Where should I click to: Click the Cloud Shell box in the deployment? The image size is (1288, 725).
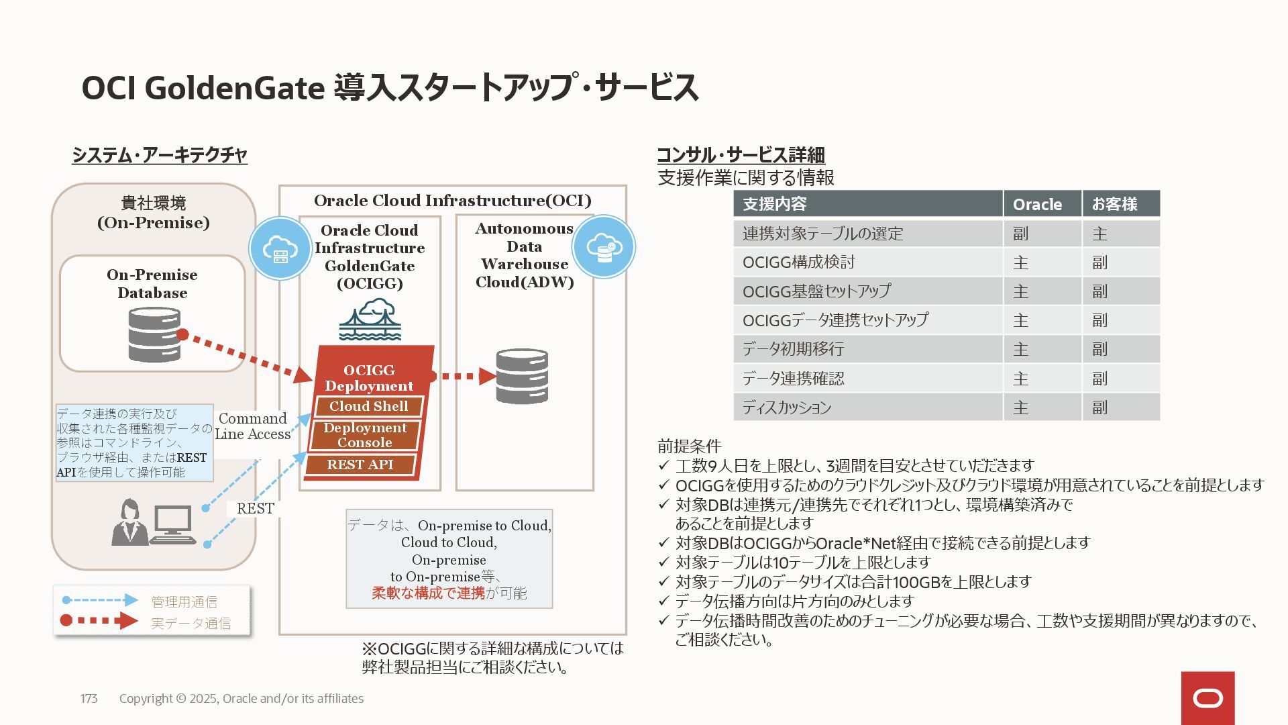[368, 406]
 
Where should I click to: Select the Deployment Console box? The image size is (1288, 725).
[365, 435]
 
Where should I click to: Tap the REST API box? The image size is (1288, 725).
[360, 465]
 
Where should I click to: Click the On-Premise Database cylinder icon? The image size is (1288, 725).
[154, 334]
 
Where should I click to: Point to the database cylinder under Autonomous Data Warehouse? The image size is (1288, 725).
[522, 376]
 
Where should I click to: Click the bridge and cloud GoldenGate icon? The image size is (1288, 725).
[370, 320]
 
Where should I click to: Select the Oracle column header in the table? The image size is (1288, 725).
[1037, 204]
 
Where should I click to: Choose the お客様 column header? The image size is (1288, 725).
[1114, 204]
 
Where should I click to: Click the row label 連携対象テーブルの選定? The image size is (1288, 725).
[822, 234]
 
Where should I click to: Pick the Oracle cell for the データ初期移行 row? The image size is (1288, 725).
[1020, 349]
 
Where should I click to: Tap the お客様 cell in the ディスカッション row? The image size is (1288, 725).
[1099, 407]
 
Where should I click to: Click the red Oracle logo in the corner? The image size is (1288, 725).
[1207, 698]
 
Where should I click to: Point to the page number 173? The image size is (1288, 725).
[89, 699]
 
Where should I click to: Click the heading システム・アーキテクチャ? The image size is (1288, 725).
[160, 155]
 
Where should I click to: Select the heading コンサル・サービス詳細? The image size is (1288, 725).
[741, 155]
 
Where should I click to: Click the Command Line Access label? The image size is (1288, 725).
[253, 426]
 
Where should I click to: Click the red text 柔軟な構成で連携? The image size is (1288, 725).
[428, 593]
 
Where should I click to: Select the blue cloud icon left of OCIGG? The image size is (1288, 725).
[280, 249]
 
